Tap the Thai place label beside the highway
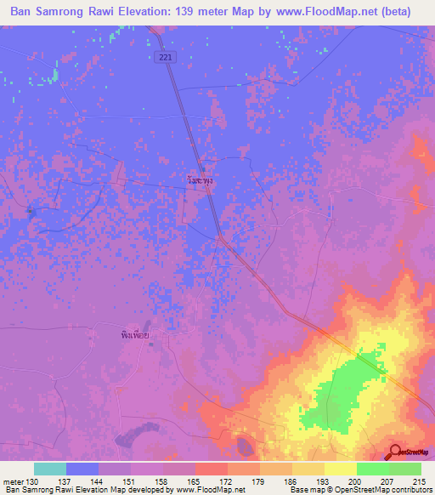(200, 181)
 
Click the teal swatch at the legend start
(50, 469)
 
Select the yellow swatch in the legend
(341, 469)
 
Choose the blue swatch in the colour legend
(82, 469)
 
